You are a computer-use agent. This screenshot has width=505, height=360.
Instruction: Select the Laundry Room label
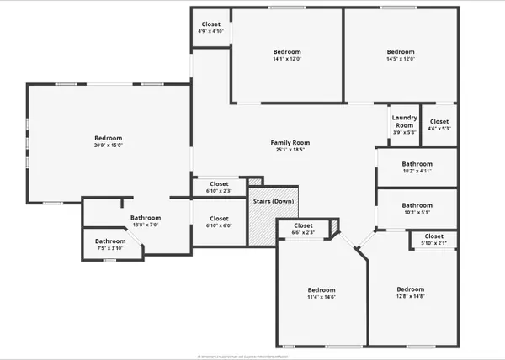point(405,122)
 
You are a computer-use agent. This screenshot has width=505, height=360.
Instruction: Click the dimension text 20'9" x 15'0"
point(108,146)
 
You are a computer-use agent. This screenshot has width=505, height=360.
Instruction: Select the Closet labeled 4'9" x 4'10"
point(210,28)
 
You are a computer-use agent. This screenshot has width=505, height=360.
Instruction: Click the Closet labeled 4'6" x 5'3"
point(439,124)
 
